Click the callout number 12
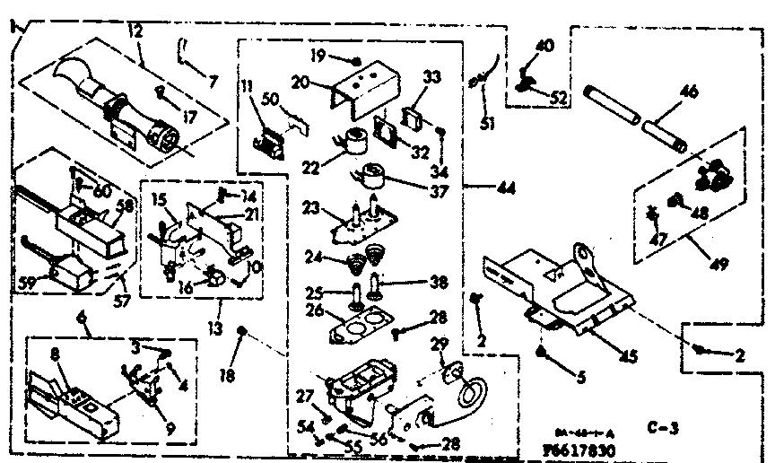pos(135,33)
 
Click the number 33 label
pos(431,79)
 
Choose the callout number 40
pos(544,46)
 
